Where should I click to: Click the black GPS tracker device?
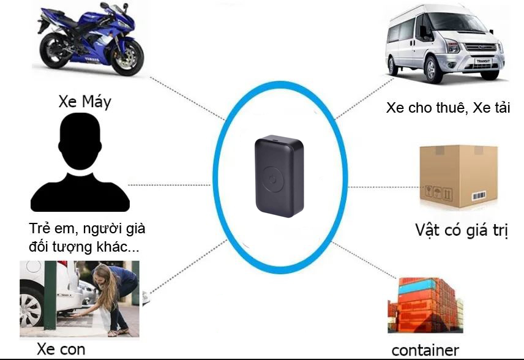coord(279,178)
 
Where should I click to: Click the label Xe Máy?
coord(84,102)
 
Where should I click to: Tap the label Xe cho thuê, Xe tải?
coord(449,108)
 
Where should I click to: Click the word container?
coord(425,350)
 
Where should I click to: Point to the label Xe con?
coord(61,350)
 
